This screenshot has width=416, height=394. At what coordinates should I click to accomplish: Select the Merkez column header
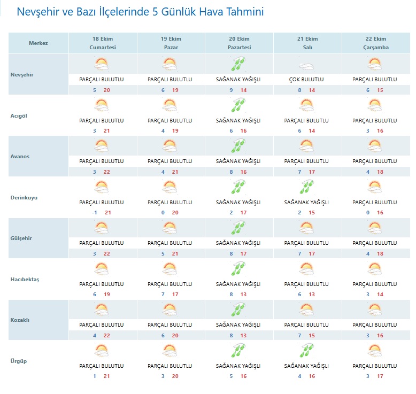pyautogui.click(x=38, y=43)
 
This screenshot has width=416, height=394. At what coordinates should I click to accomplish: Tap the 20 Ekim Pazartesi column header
pyautogui.click(x=239, y=43)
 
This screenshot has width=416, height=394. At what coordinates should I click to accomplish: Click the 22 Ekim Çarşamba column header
pyautogui.click(x=376, y=43)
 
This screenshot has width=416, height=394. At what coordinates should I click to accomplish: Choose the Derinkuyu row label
pyautogui.click(x=24, y=198)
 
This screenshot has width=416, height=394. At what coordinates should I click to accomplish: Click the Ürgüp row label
pyautogui.click(x=18, y=361)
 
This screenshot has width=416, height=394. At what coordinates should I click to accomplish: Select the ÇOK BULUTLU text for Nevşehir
pyautogui.click(x=307, y=80)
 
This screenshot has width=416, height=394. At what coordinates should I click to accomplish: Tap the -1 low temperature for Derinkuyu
pyautogui.click(x=94, y=213)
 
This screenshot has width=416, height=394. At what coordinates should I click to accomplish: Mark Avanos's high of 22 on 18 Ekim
pyautogui.click(x=107, y=172)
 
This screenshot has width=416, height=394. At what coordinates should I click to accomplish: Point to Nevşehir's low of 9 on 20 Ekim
pyautogui.click(x=231, y=90)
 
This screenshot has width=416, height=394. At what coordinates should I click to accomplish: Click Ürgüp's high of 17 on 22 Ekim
pyautogui.click(x=380, y=376)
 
